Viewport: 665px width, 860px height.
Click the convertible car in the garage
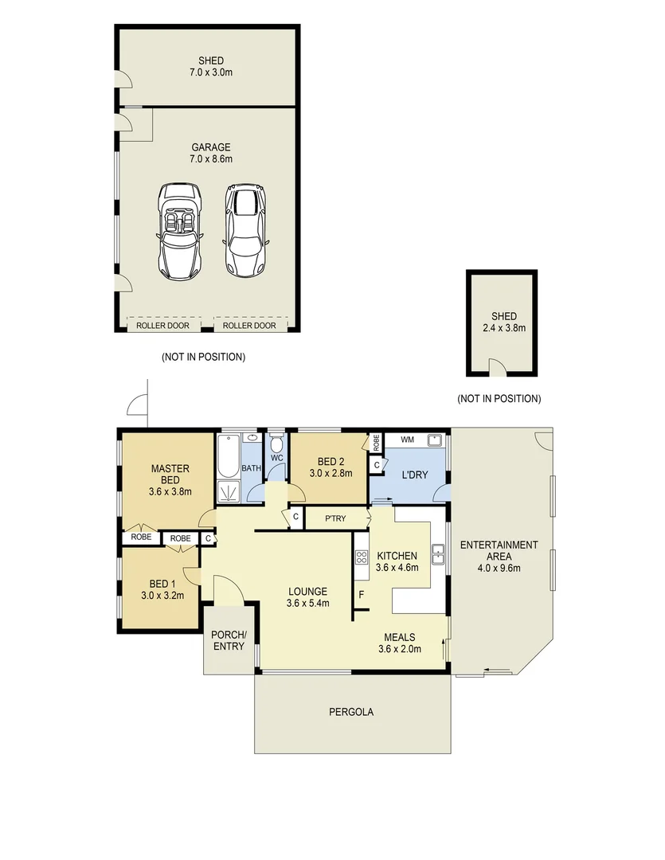(x=180, y=230)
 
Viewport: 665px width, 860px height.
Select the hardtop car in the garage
(x=244, y=230)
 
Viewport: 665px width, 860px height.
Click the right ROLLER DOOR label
(x=249, y=326)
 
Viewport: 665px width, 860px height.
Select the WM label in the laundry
(x=407, y=440)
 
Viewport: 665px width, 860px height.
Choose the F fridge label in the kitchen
(x=362, y=594)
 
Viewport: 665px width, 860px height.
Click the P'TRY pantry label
(x=334, y=518)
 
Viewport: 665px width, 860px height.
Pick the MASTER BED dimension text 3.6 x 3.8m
(x=170, y=491)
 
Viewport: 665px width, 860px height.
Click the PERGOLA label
(x=350, y=712)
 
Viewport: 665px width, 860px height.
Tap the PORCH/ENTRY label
(x=229, y=640)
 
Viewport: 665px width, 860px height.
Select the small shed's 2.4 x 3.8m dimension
(x=503, y=327)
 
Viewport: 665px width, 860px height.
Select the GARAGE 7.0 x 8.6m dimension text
(x=210, y=158)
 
